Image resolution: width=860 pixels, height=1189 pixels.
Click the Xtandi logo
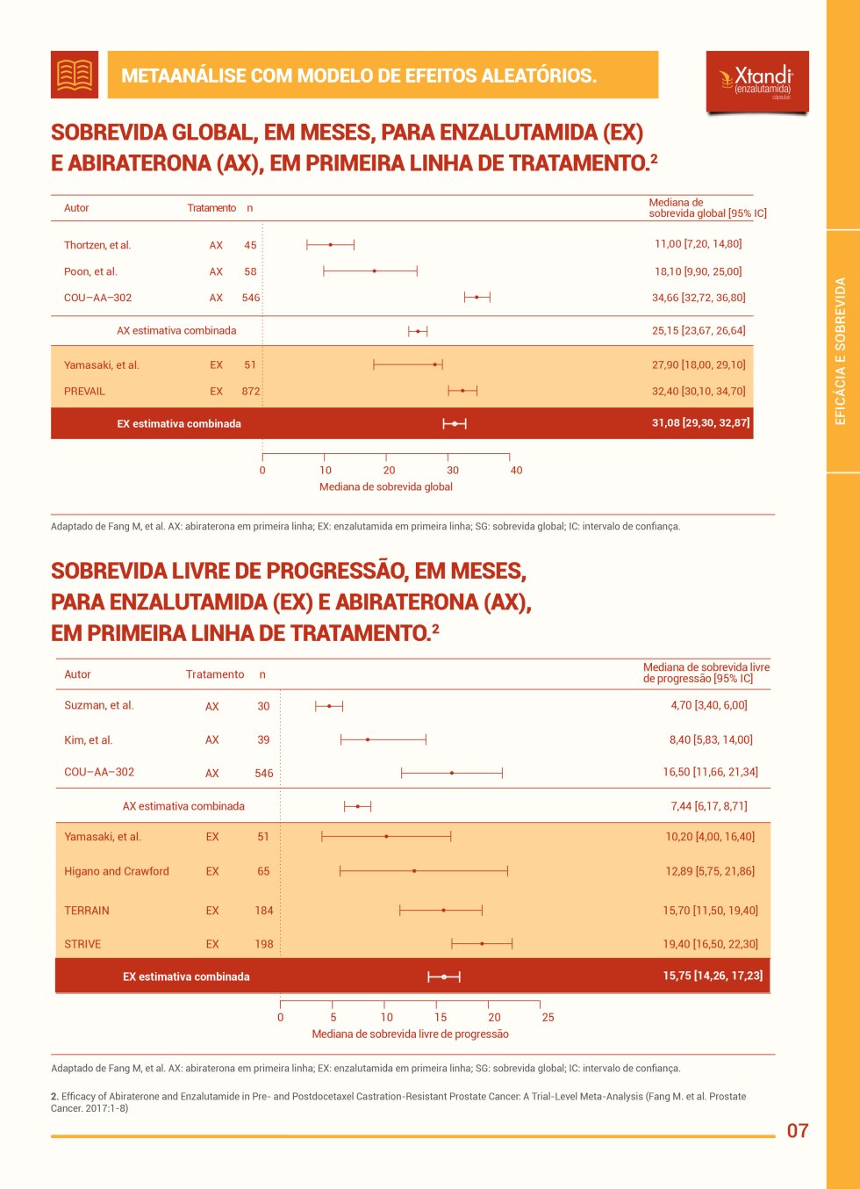coord(757,82)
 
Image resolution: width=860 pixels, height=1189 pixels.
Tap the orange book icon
coord(75,75)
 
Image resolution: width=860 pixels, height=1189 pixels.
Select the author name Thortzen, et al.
coord(97,245)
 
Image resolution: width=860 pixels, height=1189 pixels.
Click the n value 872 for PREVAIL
coord(251,392)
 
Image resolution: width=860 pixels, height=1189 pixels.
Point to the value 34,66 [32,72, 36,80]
coord(699,298)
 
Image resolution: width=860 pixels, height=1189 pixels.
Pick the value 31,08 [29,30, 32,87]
coord(700,422)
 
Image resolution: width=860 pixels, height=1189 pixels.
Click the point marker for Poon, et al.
coord(375,271)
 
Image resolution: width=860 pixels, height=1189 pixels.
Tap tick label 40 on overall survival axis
coord(516,471)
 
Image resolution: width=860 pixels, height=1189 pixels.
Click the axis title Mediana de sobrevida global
coord(386,486)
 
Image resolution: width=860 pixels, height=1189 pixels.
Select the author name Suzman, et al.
coord(99,705)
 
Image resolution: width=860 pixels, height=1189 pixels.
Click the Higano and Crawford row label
coord(117,871)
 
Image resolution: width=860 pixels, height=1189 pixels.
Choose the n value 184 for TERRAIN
coord(264,911)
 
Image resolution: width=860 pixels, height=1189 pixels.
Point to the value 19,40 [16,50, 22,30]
coord(711,944)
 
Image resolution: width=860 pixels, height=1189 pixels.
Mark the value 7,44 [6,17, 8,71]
coord(709,805)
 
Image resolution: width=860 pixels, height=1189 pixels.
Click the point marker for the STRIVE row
coord(482,944)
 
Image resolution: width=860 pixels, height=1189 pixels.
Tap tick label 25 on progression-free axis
coord(548,1018)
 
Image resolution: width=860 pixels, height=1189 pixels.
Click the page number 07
coord(798,1130)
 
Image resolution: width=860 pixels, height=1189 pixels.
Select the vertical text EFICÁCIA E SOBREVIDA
coord(841,351)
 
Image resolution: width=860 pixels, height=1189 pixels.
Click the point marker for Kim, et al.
coord(368,740)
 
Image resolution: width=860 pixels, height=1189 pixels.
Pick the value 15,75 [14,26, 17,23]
coord(713,976)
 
